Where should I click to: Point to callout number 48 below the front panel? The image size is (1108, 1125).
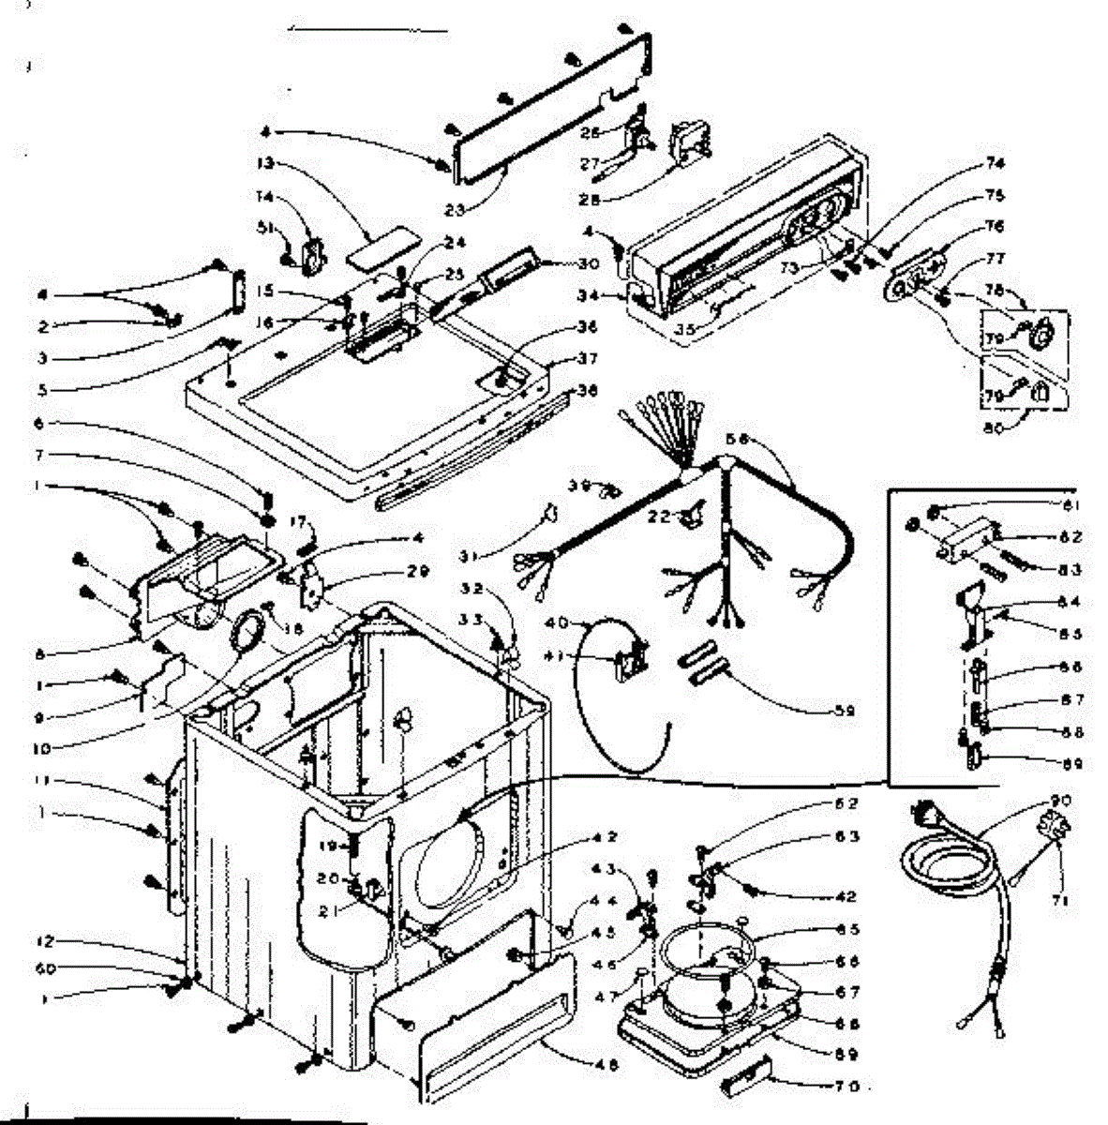609,1063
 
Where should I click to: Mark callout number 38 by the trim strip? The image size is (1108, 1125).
588,392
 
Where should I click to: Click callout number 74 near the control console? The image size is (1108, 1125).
968,163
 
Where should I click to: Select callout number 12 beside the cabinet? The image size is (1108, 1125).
47,940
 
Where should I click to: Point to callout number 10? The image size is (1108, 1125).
44,748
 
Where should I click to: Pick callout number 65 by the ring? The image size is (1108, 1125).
848,930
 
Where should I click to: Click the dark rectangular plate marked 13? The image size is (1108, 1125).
370,247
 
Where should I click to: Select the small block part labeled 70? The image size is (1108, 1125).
744,1086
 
